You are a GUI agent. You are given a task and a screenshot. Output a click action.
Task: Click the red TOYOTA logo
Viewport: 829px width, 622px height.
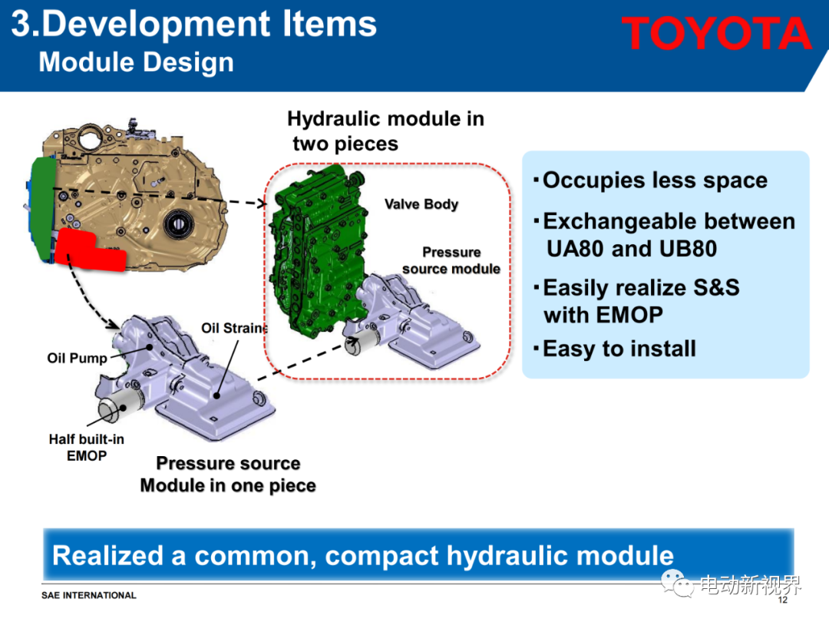pyautogui.click(x=716, y=33)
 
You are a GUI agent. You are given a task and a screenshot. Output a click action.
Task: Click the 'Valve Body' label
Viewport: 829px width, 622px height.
pyautogui.click(x=421, y=204)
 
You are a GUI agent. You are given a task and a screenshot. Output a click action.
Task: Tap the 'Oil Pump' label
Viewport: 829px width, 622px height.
pyautogui.click(x=78, y=358)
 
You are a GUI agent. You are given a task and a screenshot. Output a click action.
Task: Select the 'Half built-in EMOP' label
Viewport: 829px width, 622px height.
pyautogui.click(x=87, y=448)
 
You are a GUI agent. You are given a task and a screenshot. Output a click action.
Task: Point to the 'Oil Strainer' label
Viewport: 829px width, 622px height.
pyautogui.click(x=235, y=328)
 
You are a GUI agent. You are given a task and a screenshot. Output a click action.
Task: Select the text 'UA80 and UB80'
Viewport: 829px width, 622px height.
pyautogui.click(x=632, y=249)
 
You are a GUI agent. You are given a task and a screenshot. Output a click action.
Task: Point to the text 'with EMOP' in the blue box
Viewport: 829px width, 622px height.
pyautogui.click(x=603, y=316)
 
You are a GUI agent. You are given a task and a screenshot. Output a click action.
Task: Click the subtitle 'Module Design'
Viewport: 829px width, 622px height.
pyautogui.click(x=137, y=62)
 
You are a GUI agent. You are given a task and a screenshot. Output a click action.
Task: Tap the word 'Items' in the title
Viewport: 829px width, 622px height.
pyautogui.click(x=329, y=25)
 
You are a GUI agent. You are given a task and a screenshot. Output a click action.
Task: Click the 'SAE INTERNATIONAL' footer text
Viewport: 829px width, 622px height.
pyautogui.click(x=89, y=596)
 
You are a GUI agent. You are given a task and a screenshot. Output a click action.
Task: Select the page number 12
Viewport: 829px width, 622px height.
pyautogui.click(x=782, y=600)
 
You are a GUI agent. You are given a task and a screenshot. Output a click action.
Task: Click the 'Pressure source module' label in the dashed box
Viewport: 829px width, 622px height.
pyautogui.click(x=451, y=260)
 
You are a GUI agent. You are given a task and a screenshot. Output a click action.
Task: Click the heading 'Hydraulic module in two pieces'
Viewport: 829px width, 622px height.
pyautogui.click(x=385, y=131)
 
